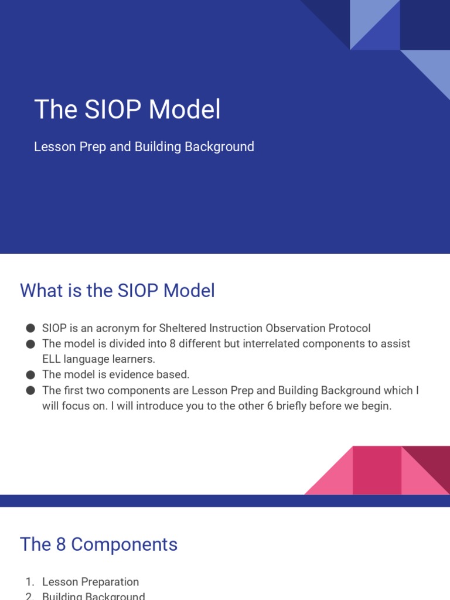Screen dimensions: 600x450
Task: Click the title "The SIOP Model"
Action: (127, 110)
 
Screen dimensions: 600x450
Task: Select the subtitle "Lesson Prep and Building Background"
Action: (144, 146)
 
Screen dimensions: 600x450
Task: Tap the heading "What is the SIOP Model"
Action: (117, 291)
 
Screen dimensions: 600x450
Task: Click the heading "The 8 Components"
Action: (98, 544)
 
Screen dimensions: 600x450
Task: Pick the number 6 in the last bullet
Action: (270, 405)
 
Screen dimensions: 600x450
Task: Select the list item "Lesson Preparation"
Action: (90, 582)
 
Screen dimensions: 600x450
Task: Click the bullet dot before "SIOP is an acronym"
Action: (30, 329)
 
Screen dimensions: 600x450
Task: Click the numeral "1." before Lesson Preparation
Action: (30, 582)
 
